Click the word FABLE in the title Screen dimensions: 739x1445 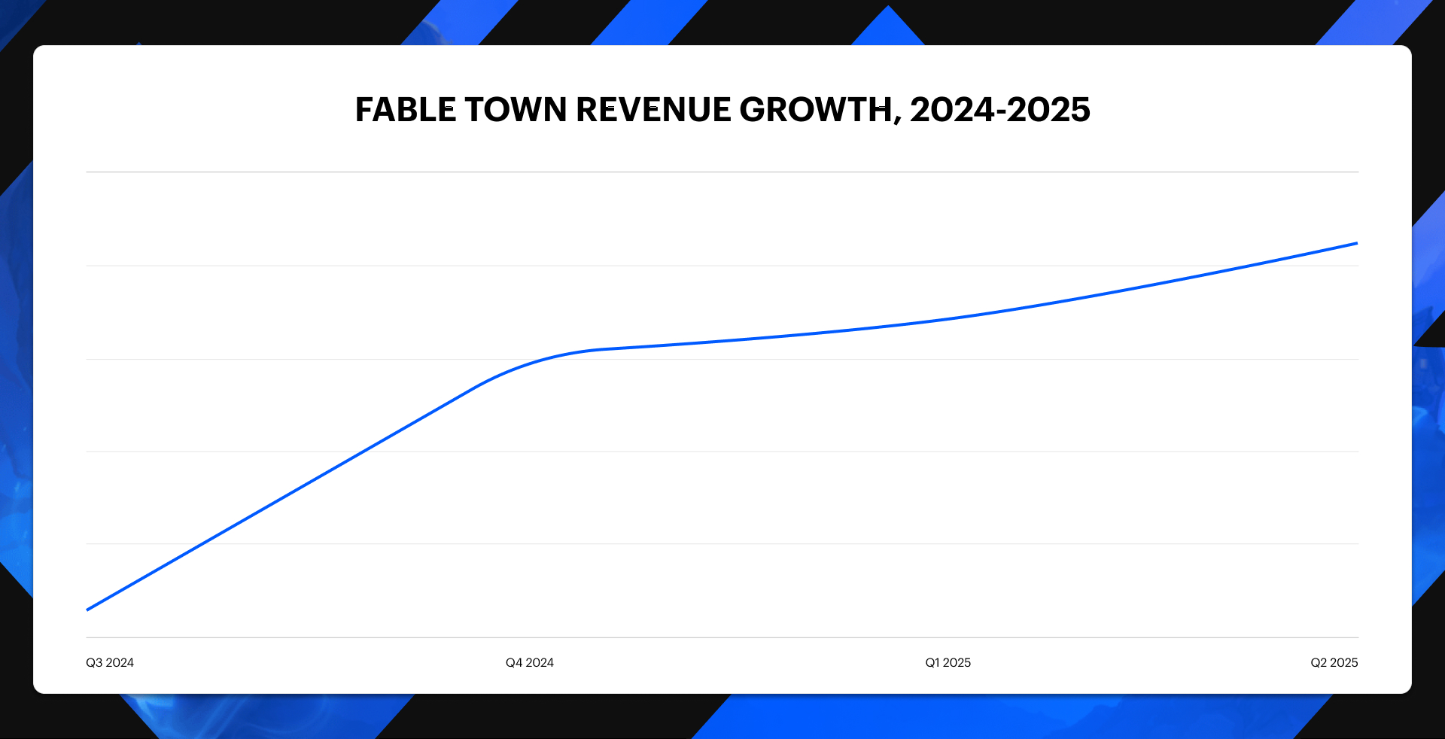tap(405, 110)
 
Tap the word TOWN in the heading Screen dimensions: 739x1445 tap(516, 110)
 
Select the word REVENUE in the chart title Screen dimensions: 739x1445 tap(653, 110)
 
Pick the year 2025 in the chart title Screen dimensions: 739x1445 tap(1048, 110)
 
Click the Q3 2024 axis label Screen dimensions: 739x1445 tap(110, 663)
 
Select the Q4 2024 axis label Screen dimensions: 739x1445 tap(529, 663)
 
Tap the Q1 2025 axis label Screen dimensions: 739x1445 tap(948, 663)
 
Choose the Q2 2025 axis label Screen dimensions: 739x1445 tap(1334, 663)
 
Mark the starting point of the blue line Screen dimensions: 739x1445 tap(88, 610)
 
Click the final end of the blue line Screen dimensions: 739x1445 tap(1356, 243)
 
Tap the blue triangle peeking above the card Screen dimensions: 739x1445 tap(888, 27)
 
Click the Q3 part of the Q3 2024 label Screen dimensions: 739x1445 tap(94, 663)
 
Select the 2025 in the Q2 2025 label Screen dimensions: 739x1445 tap(1343, 663)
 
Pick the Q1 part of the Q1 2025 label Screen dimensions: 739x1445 tap(932, 663)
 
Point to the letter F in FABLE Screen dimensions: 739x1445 tap(365, 110)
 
